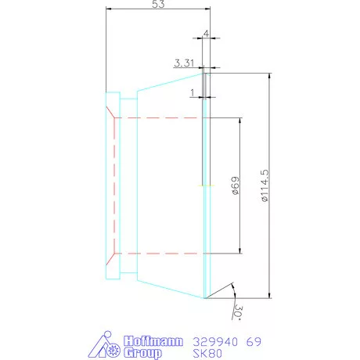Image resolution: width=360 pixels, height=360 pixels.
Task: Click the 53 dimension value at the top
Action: [x=158, y=5]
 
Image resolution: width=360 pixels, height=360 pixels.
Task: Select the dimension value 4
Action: [x=206, y=34]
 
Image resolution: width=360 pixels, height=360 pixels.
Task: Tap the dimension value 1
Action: [x=193, y=92]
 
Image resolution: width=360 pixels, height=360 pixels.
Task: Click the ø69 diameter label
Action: [x=234, y=185]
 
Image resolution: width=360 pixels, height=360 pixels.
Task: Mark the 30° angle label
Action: [x=237, y=311]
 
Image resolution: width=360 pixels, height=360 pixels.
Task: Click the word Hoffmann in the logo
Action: [x=153, y=342]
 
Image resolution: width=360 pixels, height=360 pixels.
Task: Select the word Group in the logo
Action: [x=142, y=353]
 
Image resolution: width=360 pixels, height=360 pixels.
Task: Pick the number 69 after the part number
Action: [x=254, y=342]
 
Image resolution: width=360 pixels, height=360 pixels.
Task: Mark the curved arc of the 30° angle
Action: [x=232, y=291]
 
